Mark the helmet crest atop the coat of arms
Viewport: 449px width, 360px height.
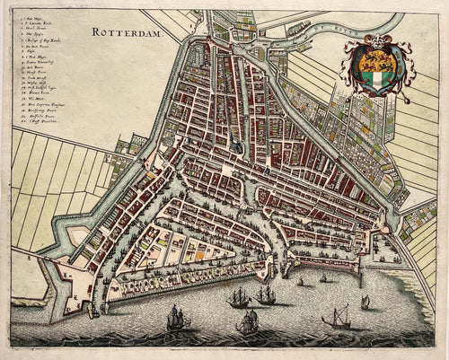[x=376, y=40]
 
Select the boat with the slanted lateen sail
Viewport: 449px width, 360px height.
[x=337, y=316]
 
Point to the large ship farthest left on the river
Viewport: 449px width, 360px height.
[x=178, y=316]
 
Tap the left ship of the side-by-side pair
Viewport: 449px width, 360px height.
[x=238, y=298]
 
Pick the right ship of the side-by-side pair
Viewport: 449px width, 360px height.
[x=265, y=294]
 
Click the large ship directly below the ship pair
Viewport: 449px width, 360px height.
[x=248, y=321]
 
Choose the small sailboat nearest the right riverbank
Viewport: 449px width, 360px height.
[x=365, y=302]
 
